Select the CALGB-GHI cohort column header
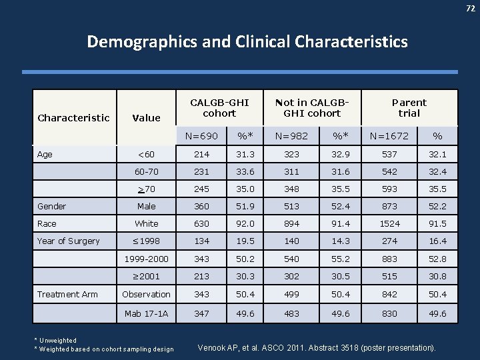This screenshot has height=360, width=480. click(219, 107)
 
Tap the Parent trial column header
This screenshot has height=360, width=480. click(409, 107)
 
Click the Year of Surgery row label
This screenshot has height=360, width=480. click(69, 241)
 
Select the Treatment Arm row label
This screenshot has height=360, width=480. click(67, 294)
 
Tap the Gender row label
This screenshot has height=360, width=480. click(51, 206)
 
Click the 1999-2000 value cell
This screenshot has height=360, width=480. click(146, 258)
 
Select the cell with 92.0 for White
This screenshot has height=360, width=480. click(241, 223)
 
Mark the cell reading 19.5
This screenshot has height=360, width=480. click(241, 241)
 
